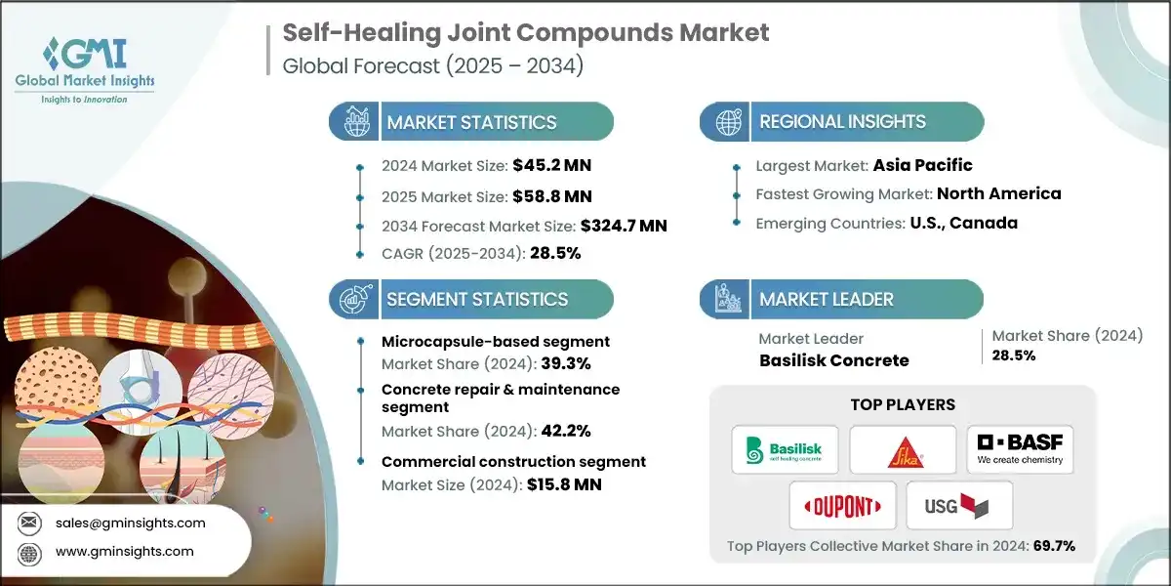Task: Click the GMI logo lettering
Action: (x=85, y=54)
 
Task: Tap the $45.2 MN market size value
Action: (x=551, y=165)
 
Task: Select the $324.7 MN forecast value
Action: (x=624, y=226)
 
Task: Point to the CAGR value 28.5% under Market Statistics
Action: (x=555, y=253)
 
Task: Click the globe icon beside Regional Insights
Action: (x=729, y=122)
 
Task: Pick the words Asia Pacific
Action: (x=923, y=165)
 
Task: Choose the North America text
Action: (x=999, y=193)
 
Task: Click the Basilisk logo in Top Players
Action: (x=785, y=450)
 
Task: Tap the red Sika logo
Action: (x=905, y=452)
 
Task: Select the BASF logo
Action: (x=1020, y=449)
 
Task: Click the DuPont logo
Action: (x=842, y=506)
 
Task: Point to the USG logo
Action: (x=956, y=506)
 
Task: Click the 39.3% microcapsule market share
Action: (x=566, y=363)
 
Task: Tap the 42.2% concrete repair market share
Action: (x=566, y=431)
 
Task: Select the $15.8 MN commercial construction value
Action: (x=564, y=484)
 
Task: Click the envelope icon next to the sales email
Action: (x=28, y=523)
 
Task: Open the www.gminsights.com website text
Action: (x=125, y=552)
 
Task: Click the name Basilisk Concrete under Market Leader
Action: (x=833, y=360)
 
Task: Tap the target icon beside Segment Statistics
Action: (x=355, y=299)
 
